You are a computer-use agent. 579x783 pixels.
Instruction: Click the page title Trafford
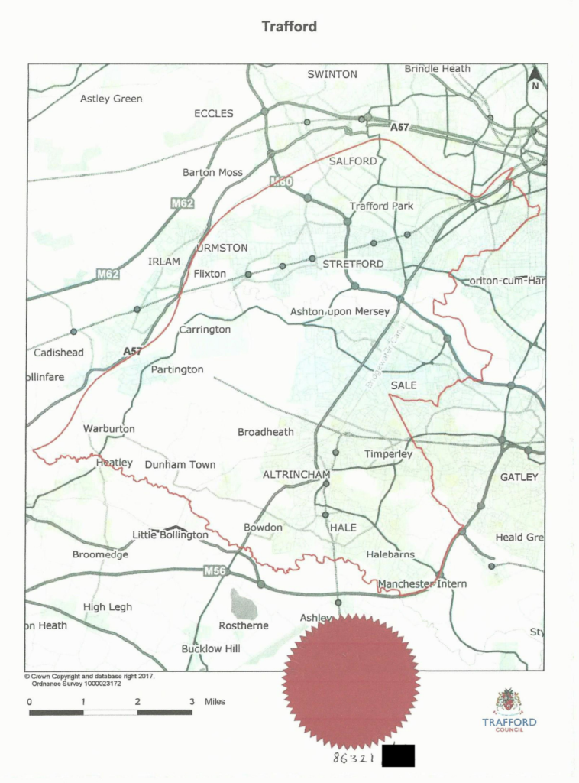pyautogui.click(x=289, y=27)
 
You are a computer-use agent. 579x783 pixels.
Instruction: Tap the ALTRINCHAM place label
pyautogui.click(x=296, y=475)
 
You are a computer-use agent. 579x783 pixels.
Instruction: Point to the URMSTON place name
pyautogui.click(x=222, y=248)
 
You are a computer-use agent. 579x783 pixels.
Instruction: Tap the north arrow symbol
pyautogui.click(x=535, y=77)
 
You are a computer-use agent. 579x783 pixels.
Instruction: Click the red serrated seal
pyautogui.click(x=351, y=680)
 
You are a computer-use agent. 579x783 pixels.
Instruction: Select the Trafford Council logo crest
pyautogui.click(x=509, y=702)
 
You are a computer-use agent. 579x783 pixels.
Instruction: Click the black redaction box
pyautogui.click(x=398, y=756)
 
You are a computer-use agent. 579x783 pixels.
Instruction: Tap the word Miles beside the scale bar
pyautogui.click(x=215, y=701)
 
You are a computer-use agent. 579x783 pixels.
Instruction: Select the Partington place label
pyautogui.click(x=177, y=369)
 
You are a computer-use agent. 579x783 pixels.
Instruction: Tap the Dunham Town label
pyautogui.click(x=180, y=464)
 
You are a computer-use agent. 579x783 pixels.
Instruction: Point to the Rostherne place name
pyautogui.click(x=243, y=625)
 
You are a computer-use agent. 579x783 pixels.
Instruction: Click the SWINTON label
pyautogui.click(x=332, y=74)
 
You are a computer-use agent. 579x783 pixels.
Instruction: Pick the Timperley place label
pyautogui.click(x=388, y=454)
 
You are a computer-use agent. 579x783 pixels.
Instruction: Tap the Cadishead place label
pyautogui.click(x=59, y=353)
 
